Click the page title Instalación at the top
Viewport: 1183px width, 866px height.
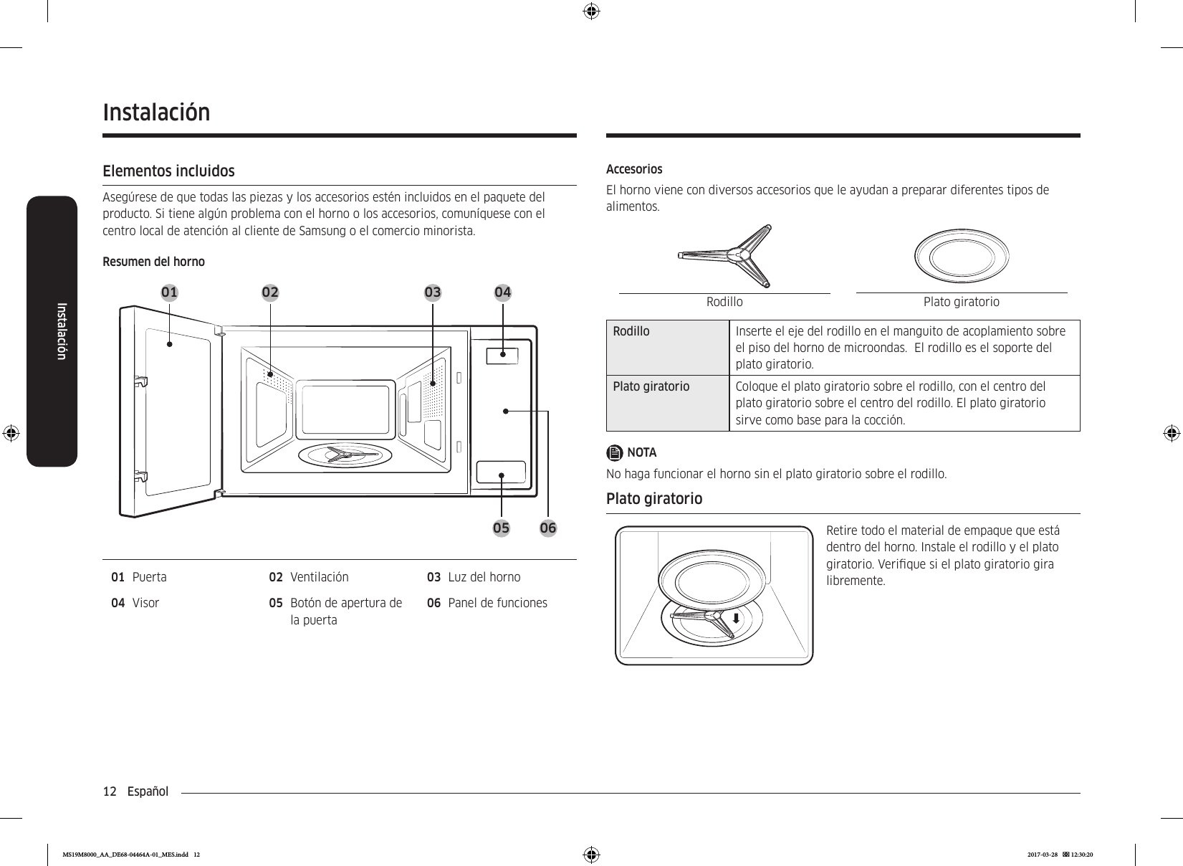pyautogui.click(x=157, y=113)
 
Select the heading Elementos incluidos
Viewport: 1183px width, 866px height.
pyautogui.click(x=168, y=171)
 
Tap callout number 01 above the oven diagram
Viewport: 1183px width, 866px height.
pyautogui.click(x=170, y=292)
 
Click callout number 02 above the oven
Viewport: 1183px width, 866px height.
pyautogui.click(x=270, y=292)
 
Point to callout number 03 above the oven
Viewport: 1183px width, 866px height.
pyautogui.click(x=433, y=292)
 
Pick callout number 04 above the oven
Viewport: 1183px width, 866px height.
pyautogui.click(x=503, y=292)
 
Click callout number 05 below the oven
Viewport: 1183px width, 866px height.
pyautogui.click(x=501, y=528)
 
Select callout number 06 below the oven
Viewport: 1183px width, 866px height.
pyautogui.click(x=548, y=528)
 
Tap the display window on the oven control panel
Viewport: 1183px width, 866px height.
pyautogui.click(x=502, y=354)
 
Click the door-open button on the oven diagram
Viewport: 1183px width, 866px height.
pyautogui.click(x=502, y=472)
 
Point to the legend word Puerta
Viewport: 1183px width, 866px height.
pyautogui.click(x=150, y=577)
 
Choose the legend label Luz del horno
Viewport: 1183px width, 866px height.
pyautogui.click(x=484, y=577)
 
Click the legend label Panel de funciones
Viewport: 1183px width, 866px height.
pyautogui.click(x=497, y=603)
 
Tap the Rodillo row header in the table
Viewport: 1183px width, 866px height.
pyautogui.click(x=631, y=331)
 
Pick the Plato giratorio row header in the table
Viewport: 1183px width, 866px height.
pyautogui.click(x=651, y=387)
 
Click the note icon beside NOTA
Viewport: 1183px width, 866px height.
pyautogui.click(x=615, y=453)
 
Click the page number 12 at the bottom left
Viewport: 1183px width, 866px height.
pyautogui.click(x=110, y=791)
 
